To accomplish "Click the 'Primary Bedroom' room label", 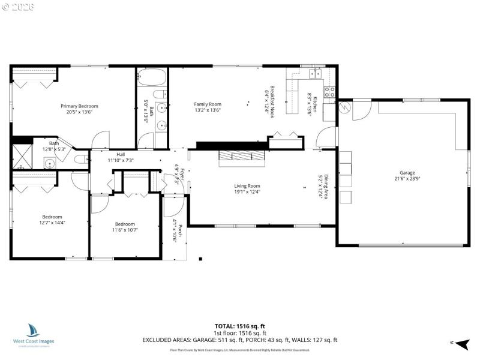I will coord(79,106).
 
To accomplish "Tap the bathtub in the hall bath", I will coord(152,77).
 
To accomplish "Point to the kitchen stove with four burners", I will coord(329,92).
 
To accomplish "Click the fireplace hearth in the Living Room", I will coord(241,157).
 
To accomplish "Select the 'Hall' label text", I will coord(121,154).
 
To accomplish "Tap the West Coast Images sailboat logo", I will coord(33,331).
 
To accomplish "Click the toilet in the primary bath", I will coord(81,159).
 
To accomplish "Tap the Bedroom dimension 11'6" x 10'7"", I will coord(127,229).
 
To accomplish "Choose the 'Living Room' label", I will coord(247,186).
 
